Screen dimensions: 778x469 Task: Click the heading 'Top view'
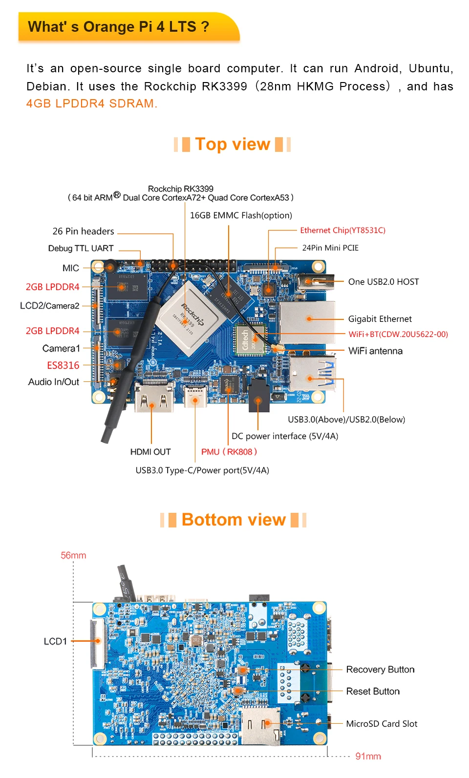(233, 144)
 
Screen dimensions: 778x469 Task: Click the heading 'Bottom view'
(234, 520)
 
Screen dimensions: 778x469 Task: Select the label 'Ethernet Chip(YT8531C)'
(342, 231)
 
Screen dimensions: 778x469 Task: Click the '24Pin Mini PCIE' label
(330, 248)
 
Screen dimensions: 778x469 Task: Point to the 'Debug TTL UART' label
(81, 249)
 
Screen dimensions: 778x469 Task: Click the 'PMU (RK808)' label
(229, 452)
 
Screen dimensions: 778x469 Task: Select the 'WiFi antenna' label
(375, 351)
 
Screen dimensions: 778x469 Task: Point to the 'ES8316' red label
(63, 365)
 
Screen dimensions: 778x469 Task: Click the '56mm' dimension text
(73, 555)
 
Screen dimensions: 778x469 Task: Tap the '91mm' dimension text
(368, 756)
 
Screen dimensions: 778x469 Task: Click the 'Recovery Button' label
(380, 670)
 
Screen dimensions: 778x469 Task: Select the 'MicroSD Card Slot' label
(382, 724)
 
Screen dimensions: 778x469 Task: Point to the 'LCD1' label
(55, 641)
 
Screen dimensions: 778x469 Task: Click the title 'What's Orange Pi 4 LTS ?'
(119, 26)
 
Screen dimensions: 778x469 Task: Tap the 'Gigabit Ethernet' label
(380, 319)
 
